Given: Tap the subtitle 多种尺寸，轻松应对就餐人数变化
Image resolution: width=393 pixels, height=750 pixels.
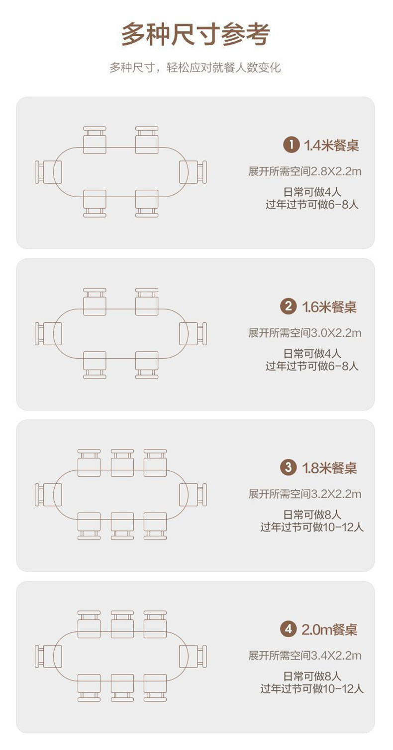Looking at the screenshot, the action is (x=196, y=68).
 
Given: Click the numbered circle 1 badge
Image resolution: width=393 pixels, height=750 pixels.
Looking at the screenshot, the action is (x=291, y=145).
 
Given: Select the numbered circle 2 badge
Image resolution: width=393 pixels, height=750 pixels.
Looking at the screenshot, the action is (x=288, y=306).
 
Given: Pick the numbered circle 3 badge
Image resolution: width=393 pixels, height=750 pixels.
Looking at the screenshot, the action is (x=288, y=467).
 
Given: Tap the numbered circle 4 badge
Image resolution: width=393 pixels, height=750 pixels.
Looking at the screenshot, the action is (x=288, y=629).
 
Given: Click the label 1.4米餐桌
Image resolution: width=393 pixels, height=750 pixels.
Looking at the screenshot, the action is (x=331, y=146).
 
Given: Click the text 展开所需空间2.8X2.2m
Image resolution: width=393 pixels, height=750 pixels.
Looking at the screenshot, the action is (x=304, y=171).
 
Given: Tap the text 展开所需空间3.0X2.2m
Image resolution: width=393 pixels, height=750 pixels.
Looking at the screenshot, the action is (x=304, y=333).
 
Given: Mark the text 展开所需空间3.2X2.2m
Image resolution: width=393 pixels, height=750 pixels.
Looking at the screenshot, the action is (x=304, y=494).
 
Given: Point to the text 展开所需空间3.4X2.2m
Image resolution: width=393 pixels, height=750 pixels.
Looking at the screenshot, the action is (x=304, y=656).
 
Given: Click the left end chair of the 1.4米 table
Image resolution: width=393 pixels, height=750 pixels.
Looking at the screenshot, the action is (x=48, y=172).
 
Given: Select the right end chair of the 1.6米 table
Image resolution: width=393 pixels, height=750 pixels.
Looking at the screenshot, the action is (x=194, y=333).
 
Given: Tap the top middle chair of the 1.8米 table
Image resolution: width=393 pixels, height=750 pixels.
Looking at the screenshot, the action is (x=122, y=462).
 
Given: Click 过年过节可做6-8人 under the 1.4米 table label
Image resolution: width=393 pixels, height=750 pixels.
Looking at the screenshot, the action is (x=312, y=204).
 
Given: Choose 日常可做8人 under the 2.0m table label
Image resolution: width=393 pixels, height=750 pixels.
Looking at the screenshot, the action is (x=312, y=676).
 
